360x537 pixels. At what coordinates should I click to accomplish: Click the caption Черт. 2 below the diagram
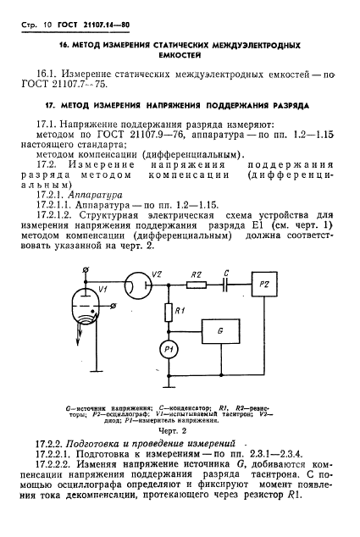pyautogui.click(x=179, y=430)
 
